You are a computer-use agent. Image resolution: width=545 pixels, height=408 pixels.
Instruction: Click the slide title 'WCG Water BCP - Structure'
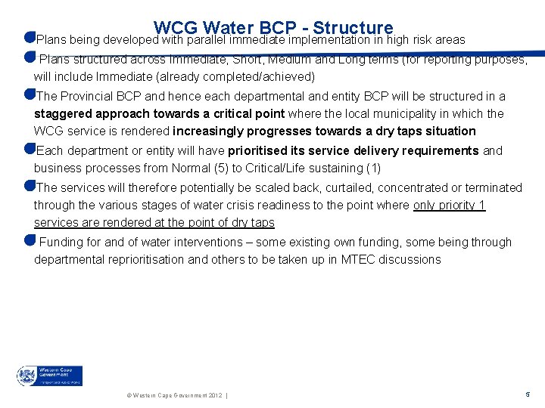[272, 29]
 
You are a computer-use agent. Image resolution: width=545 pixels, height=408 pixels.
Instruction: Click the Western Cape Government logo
[50, 376]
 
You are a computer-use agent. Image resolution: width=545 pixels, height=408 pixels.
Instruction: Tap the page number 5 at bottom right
[527, 394]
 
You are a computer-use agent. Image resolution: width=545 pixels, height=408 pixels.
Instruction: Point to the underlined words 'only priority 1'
[449, 205]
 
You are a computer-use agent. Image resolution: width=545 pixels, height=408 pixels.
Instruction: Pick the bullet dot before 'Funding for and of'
[30, 241]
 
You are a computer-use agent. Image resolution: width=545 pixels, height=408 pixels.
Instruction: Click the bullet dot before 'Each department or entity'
[30, 150]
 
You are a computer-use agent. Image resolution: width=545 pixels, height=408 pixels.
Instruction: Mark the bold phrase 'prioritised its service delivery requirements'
[353, 150]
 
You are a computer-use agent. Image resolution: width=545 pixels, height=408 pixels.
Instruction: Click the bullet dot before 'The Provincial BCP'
[30, 95]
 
